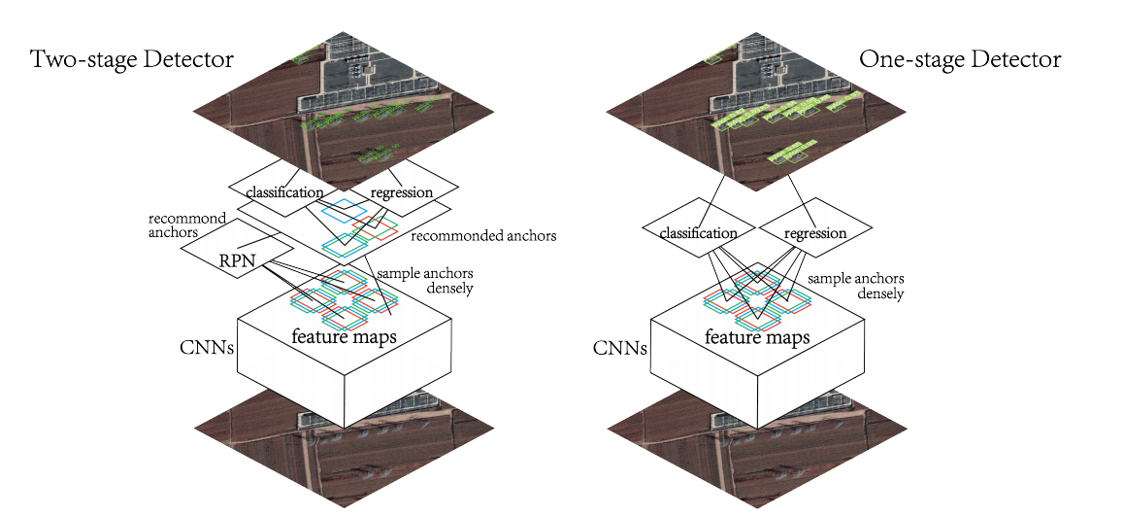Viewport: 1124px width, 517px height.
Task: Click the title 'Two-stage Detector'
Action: tap(132, 59)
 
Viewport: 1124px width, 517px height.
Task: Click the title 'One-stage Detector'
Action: tap(960, 59)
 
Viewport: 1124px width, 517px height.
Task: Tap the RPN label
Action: tap(237, 261)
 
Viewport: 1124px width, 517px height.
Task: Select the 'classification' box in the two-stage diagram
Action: tap(283, 191)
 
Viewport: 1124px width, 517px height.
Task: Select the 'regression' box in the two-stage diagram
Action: tap(402, 191)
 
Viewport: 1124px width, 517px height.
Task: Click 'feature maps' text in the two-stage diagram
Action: tap(344, 336)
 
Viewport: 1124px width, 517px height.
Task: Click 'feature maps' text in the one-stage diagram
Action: tap(758, 337)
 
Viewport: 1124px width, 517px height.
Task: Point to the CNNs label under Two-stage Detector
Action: tap(207, 348)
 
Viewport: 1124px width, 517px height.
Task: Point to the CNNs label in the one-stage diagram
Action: tap(620, 348)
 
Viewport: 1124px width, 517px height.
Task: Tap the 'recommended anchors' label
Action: tap(484, 235)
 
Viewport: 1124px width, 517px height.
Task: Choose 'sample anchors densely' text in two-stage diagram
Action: tap(425, 281)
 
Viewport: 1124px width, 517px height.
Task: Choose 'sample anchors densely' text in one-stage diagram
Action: tap(856, 286)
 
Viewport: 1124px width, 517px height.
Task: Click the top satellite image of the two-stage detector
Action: tap(344, 112)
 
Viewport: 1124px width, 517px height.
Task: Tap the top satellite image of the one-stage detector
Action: tap(757, 112)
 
